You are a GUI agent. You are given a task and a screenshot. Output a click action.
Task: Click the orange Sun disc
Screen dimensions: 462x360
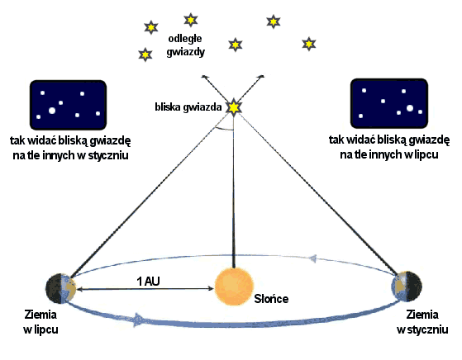pos(234,287)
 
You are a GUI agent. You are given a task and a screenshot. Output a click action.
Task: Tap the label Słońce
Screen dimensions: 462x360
pos(271,299)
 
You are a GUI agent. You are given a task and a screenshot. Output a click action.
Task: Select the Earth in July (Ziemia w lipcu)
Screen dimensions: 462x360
pos(61,289)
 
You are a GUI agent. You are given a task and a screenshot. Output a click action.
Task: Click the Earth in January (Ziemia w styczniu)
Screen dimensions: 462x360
pos(407,287)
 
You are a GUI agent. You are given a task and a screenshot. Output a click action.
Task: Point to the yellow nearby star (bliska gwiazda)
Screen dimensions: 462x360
pos(234,107)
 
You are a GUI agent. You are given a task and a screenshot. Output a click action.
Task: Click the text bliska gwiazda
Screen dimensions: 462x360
pos(188,107)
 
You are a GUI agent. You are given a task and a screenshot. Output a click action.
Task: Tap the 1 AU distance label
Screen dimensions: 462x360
pos(148,282)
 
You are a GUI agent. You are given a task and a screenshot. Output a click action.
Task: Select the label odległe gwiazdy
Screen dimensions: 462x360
pos(185,45)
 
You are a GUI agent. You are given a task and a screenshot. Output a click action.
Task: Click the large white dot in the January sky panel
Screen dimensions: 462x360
pos(52,111)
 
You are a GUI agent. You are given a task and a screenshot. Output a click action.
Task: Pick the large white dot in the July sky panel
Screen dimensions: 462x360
pos(410,108)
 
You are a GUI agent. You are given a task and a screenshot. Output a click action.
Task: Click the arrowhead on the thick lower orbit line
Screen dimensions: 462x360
pos(138,320)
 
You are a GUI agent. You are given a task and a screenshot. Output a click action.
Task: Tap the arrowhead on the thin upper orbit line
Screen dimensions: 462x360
pos(312,258)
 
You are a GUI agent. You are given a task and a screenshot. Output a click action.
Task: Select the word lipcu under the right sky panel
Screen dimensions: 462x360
pos(426,154)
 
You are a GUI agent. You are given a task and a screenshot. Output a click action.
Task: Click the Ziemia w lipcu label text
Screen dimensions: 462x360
pos(40,322)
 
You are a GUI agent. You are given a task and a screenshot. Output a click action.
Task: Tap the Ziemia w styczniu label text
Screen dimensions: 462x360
pos(422,322)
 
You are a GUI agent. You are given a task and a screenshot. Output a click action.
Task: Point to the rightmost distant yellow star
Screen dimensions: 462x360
pos(309,44)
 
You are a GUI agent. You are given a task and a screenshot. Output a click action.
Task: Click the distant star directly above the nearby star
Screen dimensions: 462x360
pos(235,45)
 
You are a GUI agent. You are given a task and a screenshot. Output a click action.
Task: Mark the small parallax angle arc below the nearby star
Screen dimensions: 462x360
pos(224,128)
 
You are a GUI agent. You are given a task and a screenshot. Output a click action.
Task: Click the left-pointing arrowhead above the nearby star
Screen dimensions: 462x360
pos(204,77)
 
